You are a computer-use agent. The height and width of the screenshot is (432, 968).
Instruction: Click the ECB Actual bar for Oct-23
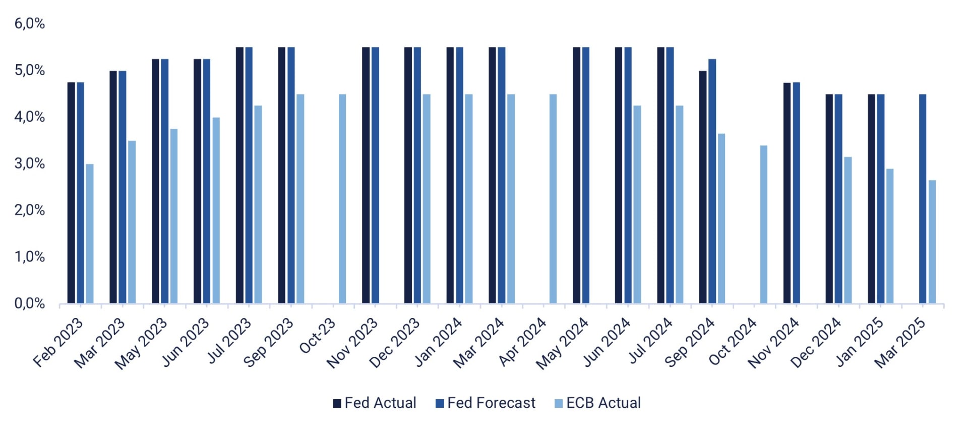click(x=342, y=199)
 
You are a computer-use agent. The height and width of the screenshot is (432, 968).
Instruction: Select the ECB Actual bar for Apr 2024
click(x=553, y=199)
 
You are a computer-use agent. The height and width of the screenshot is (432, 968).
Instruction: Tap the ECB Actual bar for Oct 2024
click(x=764, y=225)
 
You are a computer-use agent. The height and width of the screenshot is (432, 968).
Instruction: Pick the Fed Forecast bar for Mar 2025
click(x=923, y=199)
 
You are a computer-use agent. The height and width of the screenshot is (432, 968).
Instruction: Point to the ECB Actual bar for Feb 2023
click(x=90, y=234)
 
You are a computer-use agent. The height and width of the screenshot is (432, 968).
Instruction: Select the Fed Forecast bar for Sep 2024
click(x=712, y=181)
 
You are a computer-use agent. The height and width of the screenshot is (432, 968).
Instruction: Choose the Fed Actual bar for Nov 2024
click(x=787, y=193)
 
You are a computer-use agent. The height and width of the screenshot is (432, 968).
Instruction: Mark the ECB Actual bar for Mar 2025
click(x=932, y=242)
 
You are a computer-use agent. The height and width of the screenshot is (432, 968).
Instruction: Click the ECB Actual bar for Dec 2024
click(x=848, y=230)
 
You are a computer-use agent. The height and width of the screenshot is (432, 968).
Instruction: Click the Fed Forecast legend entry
click(x=485, y=403)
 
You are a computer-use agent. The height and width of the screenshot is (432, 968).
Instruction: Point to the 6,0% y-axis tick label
click(x=30, y=24)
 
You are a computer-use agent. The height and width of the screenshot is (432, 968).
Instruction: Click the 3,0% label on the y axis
click(x=30, y=164)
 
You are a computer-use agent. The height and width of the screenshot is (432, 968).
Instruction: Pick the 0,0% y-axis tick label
click(x=30, y=303)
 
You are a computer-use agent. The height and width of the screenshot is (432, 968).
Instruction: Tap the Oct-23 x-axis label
click(x=318, y=336)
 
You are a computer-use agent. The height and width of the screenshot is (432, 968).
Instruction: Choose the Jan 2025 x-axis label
click(x=860, y=342)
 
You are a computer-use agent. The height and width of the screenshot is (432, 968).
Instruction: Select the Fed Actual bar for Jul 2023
click(x=239, y=175)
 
